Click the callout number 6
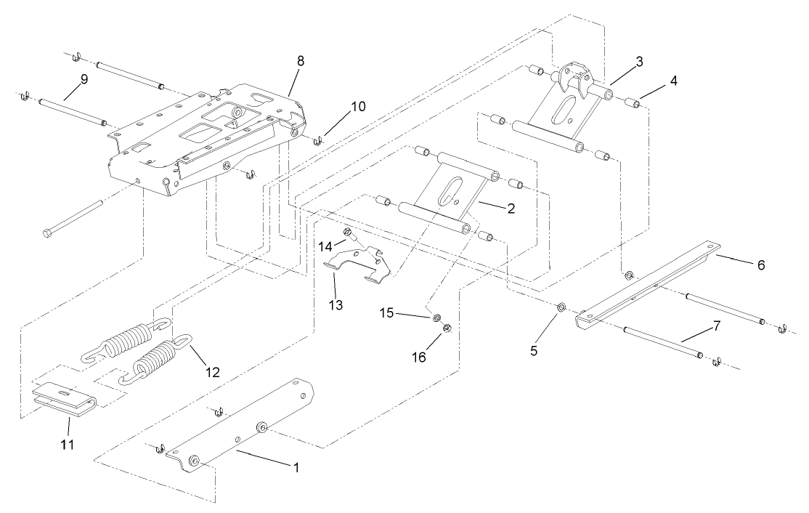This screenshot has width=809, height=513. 760,265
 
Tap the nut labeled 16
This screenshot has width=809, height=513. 447,327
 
